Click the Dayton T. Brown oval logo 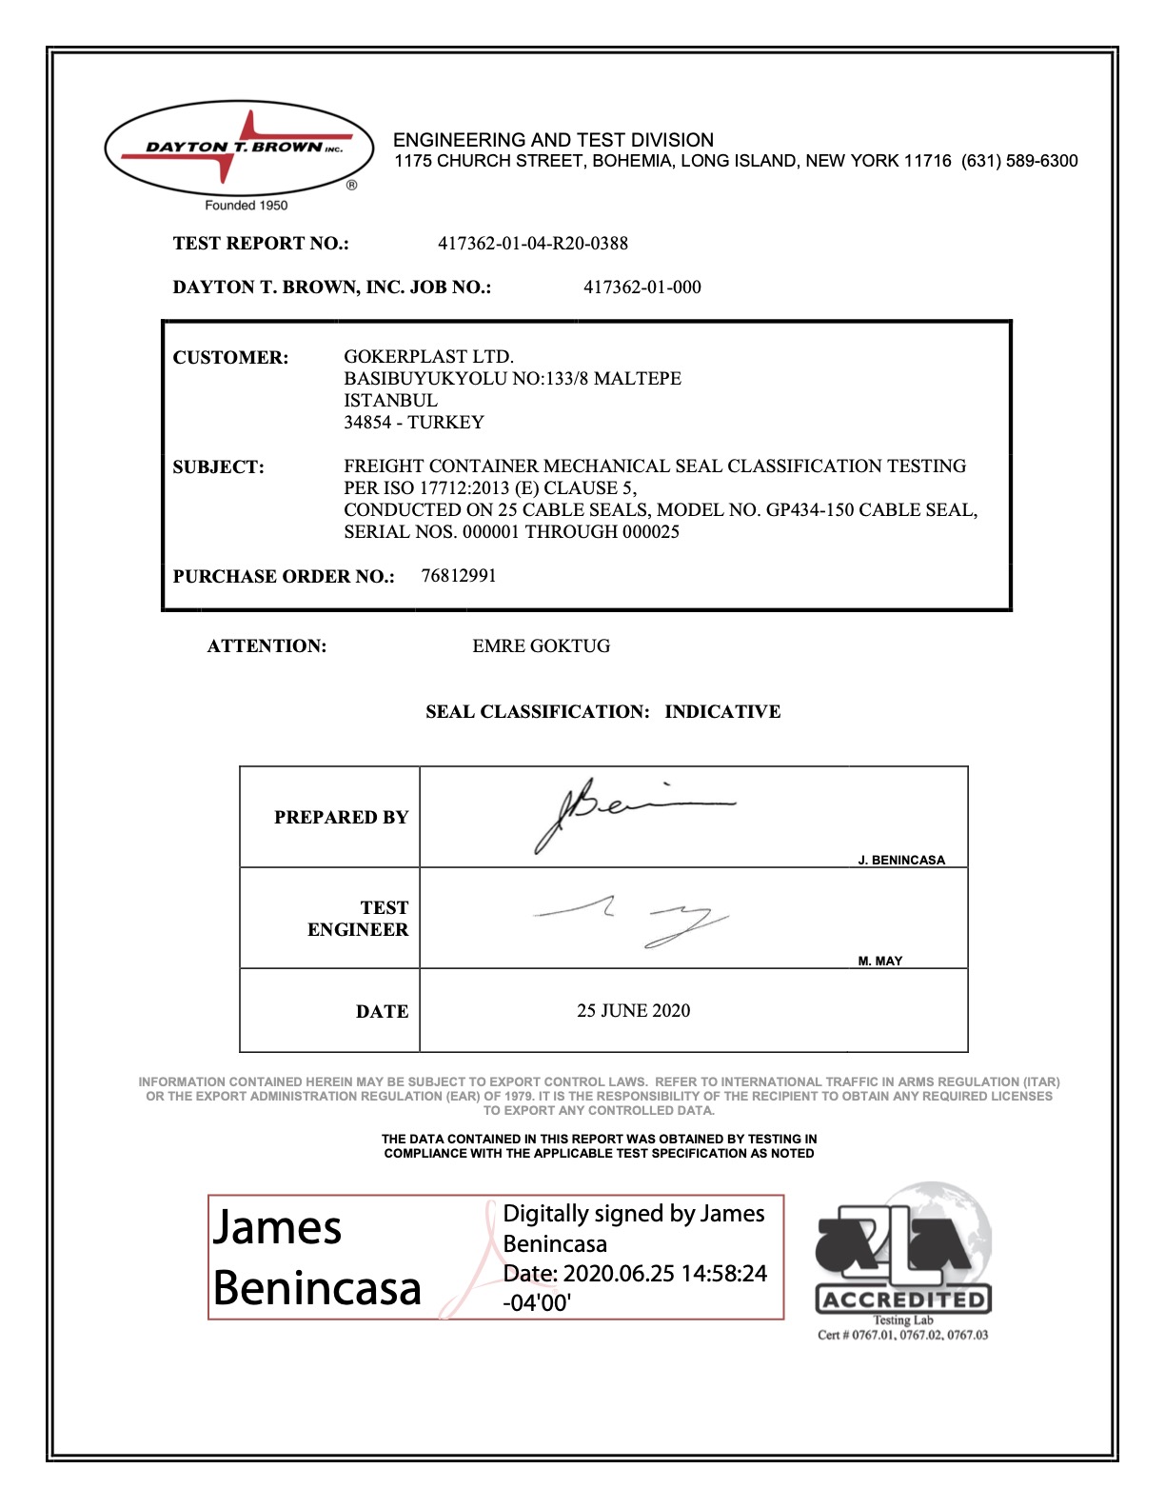coord(239,149)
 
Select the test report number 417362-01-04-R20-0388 coord(532,244)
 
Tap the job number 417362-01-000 coord(642,288)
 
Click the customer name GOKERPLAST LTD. coord(428,357)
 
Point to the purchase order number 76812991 coord(459,576)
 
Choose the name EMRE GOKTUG coord(541,646)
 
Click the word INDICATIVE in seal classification coord(722,712)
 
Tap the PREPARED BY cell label coord(341,818)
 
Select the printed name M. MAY coord(879,962)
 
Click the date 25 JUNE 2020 coord(633,1011)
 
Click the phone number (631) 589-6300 coord(1019,161)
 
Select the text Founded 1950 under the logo coord(246,206)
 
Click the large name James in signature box coord(277,1227)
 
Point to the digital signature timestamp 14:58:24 coord(724,1274)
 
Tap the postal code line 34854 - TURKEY coord(414,423)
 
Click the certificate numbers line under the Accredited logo coord(902,1336)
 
